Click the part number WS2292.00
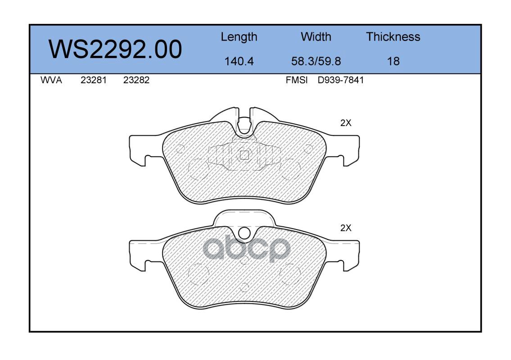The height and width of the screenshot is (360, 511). [115, 49]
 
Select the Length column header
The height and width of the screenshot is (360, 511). [239, 37]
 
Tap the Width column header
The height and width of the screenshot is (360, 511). [316, 37]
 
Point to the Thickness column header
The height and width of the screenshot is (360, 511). [393, 37]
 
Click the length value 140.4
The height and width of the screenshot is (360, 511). [239, 61]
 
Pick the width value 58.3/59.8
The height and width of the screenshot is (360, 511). [316, 61]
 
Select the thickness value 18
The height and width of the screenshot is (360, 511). [393, 61]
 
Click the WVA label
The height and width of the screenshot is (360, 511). [51, 80]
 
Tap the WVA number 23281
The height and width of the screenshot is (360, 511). [94, 80]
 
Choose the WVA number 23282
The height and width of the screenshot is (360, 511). [136, 80]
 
